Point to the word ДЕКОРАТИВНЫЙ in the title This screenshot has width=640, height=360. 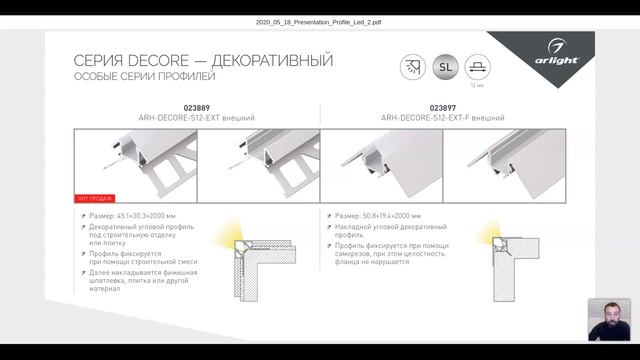point(269,61)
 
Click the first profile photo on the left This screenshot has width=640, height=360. point(136,161)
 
